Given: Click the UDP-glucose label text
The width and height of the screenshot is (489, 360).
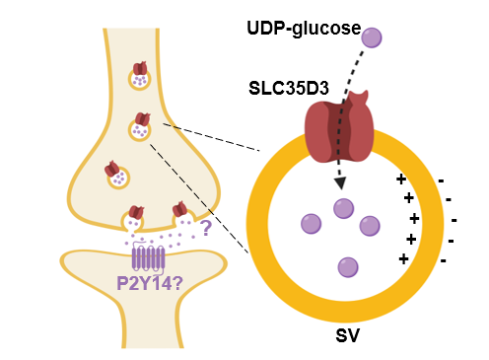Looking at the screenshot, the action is click(304, 29).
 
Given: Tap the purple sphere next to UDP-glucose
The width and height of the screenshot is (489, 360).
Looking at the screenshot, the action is click(372, 37).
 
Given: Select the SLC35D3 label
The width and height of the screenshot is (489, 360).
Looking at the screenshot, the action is click(289, 88).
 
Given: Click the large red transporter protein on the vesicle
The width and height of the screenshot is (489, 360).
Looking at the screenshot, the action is click(339, 127).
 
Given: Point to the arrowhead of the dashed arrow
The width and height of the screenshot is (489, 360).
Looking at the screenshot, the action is click(341, 183).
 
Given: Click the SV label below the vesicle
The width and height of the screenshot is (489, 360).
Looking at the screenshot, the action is click(347, 336).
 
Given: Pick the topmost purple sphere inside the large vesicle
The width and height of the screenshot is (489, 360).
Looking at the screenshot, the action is click(343, 208).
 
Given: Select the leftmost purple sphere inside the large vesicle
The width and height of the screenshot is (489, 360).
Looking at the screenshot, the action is click(311, 224).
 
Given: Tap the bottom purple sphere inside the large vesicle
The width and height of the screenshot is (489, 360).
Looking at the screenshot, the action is click(348, 267).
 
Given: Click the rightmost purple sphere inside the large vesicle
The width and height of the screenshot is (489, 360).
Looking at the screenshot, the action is click(370, 226).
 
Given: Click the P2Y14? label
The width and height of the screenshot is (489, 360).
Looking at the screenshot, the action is click(150, 283).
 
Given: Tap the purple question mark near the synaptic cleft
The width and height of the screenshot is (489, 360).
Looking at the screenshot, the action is click(206, 228).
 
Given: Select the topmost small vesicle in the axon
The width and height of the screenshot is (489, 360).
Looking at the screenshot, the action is click(140, 76).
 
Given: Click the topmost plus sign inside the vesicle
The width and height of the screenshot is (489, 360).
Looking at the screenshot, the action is click(401, 180).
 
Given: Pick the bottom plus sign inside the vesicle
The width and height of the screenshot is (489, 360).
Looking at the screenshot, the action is click(403, 259).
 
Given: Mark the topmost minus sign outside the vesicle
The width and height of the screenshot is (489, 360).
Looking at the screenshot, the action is click(441, 180).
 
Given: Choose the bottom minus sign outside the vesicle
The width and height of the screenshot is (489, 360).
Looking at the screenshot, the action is click(444, 261).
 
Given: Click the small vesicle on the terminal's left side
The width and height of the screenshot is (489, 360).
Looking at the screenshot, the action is click(116, 175).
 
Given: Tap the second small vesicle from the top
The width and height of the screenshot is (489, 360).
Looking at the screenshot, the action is click(140, 127).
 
